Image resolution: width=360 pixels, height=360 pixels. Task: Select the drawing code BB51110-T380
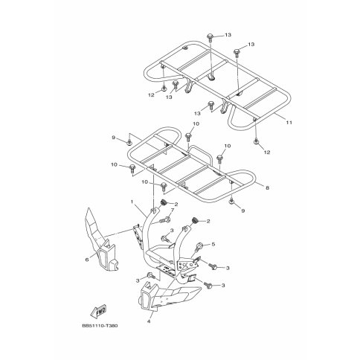point(100,326)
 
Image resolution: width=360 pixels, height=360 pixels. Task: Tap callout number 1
point(132,202)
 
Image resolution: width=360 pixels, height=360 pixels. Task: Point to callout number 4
point(149,321)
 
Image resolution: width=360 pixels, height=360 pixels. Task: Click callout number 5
point(213,244)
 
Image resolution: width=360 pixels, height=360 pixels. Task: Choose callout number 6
point(87,260)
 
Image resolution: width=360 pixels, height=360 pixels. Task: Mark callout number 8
point(267,188)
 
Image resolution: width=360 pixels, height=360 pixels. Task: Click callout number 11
point(289,123)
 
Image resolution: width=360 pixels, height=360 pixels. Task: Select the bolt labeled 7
point(165,219)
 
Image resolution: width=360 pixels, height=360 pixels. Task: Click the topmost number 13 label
point(228,35)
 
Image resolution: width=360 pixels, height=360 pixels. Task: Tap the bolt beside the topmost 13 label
point(210,37)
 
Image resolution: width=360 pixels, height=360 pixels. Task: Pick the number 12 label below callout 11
point(267,152)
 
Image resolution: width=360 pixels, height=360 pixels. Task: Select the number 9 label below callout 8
point(243,210)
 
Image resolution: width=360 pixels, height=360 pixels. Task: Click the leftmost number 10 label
point(115,165)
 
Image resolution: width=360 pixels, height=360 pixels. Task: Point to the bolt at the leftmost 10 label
point(132,168)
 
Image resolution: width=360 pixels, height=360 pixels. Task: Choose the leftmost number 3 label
point(138,280)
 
